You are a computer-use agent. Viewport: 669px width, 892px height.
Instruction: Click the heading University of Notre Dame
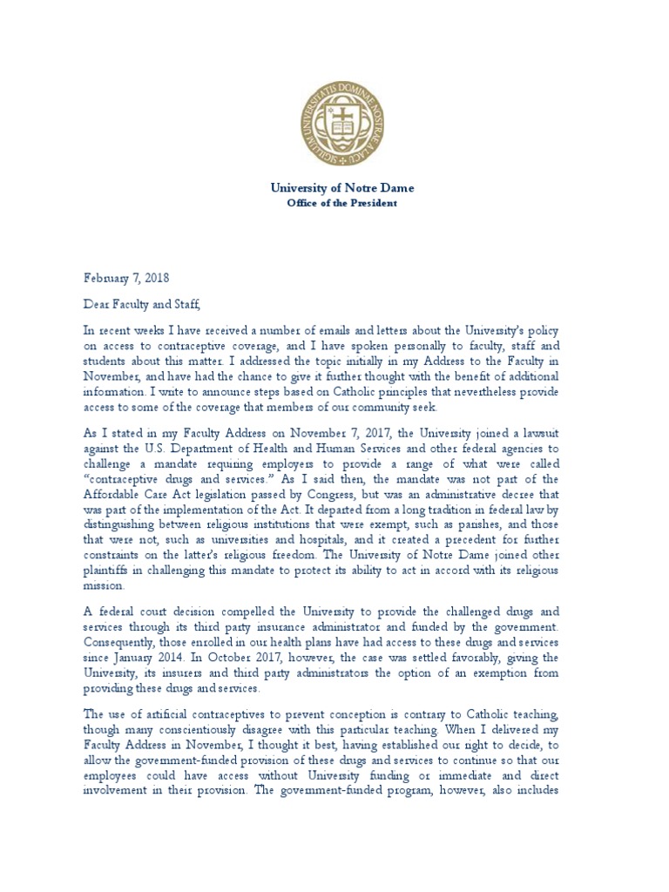point(342,188)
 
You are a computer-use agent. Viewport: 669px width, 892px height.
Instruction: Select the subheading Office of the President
point(342,203)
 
